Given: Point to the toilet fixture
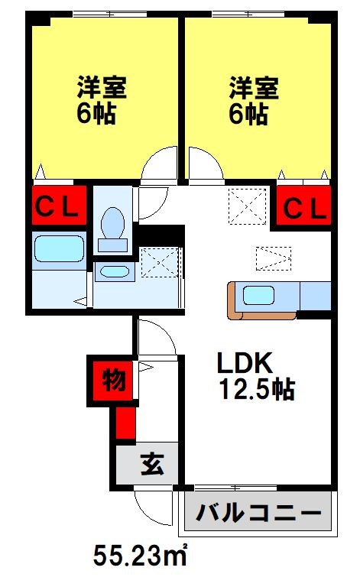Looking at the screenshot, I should coord(112,225).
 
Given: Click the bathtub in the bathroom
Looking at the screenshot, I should coord(59,248).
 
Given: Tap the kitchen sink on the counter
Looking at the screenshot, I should coord(261,293).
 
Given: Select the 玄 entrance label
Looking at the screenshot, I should coord(150,464).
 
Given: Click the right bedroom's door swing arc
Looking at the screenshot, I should coord(203,164).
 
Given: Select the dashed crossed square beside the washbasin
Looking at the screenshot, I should coord(159,262).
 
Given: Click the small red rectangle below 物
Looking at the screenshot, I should coord(125,423).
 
